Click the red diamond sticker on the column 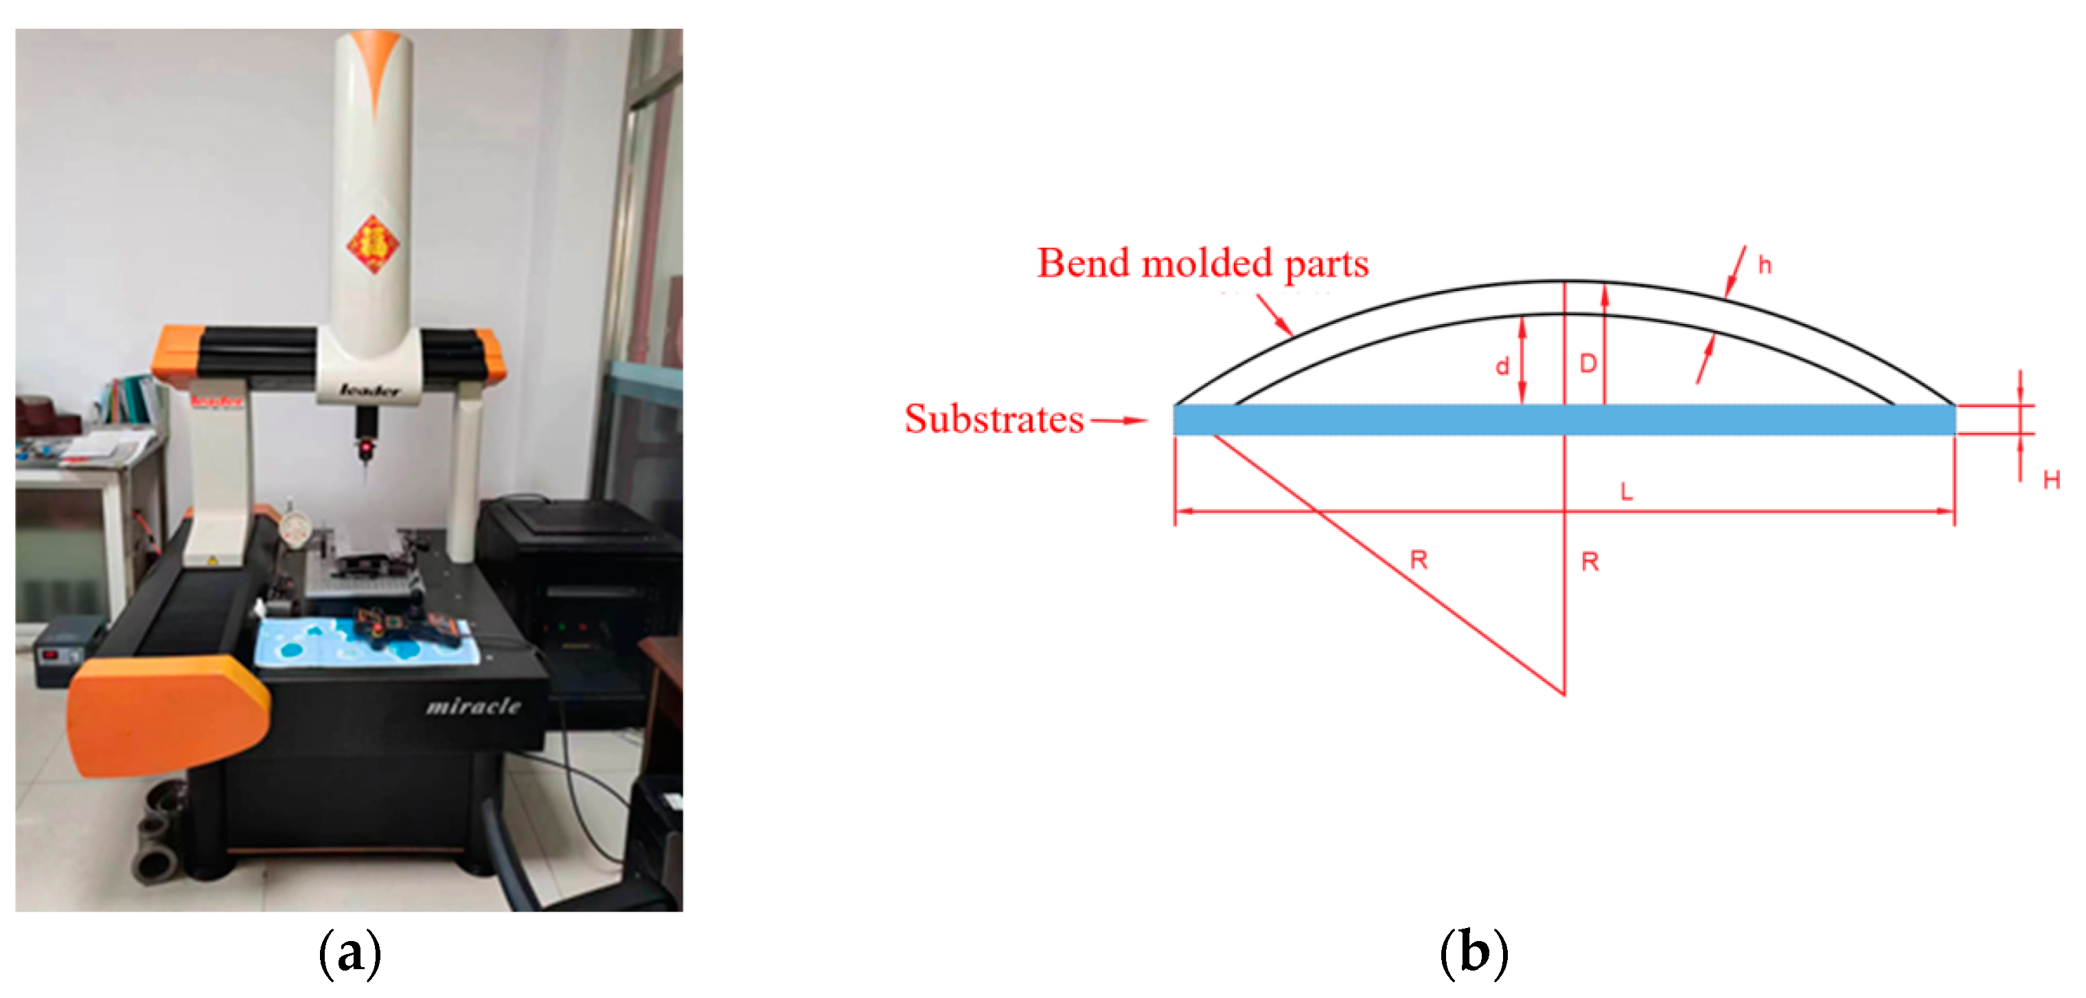tap(374, 244)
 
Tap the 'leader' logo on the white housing tap(369, 391)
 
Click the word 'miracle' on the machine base tap(474, 706)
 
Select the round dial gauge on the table tap(295, 530)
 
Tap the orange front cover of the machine tap(166, 712)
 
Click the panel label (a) tap(349, 953)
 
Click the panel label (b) tap(1474, 953)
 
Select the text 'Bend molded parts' tap(1202, 264)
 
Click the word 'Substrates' tap(994, 419)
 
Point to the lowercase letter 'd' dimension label tap(1502, 367)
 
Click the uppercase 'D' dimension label tap(1588, 363)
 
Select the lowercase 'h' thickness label tap(1765, 265)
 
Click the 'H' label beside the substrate tap(2051, 480)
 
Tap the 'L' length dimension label tap(1626, 491)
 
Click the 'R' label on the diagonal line tap(1419, 559)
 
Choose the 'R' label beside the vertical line tap(1590, 561)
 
